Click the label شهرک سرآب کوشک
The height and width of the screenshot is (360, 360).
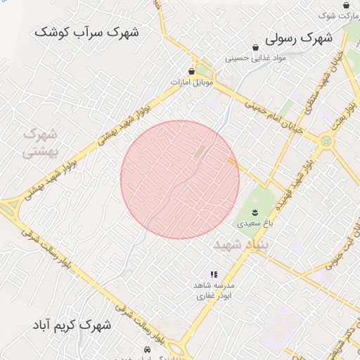coord(87,32)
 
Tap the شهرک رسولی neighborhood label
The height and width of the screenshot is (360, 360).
coord(298,40)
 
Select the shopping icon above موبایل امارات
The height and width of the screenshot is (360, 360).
coord(191,71)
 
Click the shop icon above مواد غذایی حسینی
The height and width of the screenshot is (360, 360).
coord(256,46)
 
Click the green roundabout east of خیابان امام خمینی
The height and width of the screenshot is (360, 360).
coord(326,141)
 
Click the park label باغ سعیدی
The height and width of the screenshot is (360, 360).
coord(252,223)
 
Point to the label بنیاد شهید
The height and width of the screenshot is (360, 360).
coord(237,245)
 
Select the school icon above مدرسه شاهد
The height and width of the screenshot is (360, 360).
coord(214,275)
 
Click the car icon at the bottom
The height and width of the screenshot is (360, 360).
coord(147,349)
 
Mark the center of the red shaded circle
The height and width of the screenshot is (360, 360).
coord(180,179)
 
